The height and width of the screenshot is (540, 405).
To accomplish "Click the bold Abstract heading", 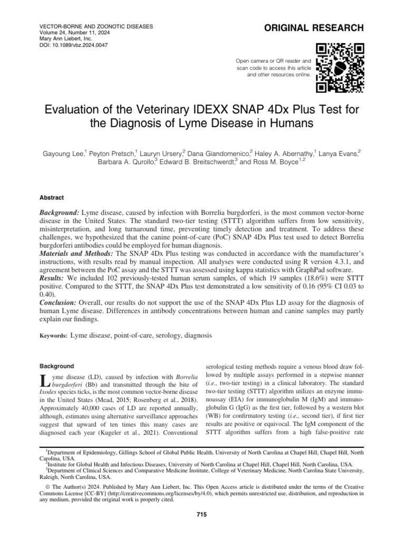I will click(x=52, y=198).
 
